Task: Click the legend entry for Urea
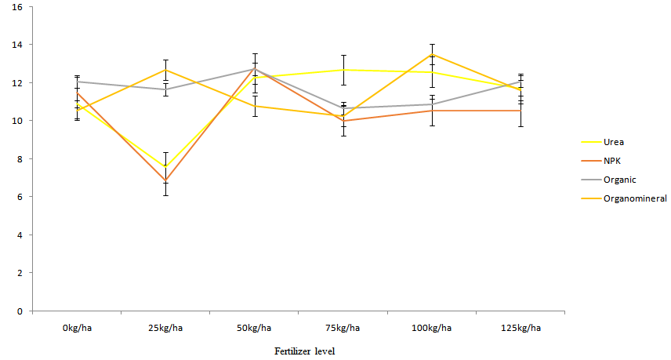613,142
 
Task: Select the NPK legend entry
612,161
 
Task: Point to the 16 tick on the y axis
17,7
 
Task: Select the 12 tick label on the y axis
17,83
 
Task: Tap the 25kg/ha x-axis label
165,328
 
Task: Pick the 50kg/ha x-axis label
254,328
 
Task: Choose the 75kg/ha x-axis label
343,328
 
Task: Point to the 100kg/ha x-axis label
432,328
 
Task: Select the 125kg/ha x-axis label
521,328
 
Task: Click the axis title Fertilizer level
305,351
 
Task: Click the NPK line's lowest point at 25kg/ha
165,180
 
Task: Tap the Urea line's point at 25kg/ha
165,166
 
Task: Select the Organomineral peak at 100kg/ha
432,54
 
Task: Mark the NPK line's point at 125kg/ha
521,111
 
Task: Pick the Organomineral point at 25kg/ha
165,70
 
